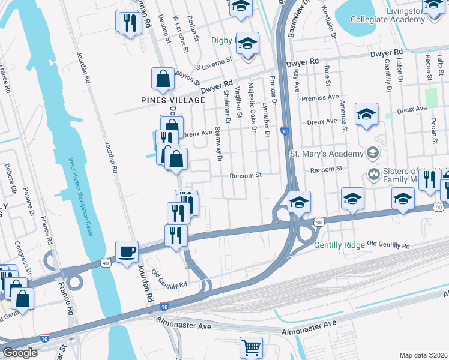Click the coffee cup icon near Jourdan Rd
point(127,251)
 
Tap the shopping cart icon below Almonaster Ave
point(251,347)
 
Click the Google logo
point(19,353)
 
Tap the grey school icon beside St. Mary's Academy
point(373,153)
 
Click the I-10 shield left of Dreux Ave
point(285,130)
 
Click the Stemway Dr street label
point(218,144)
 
